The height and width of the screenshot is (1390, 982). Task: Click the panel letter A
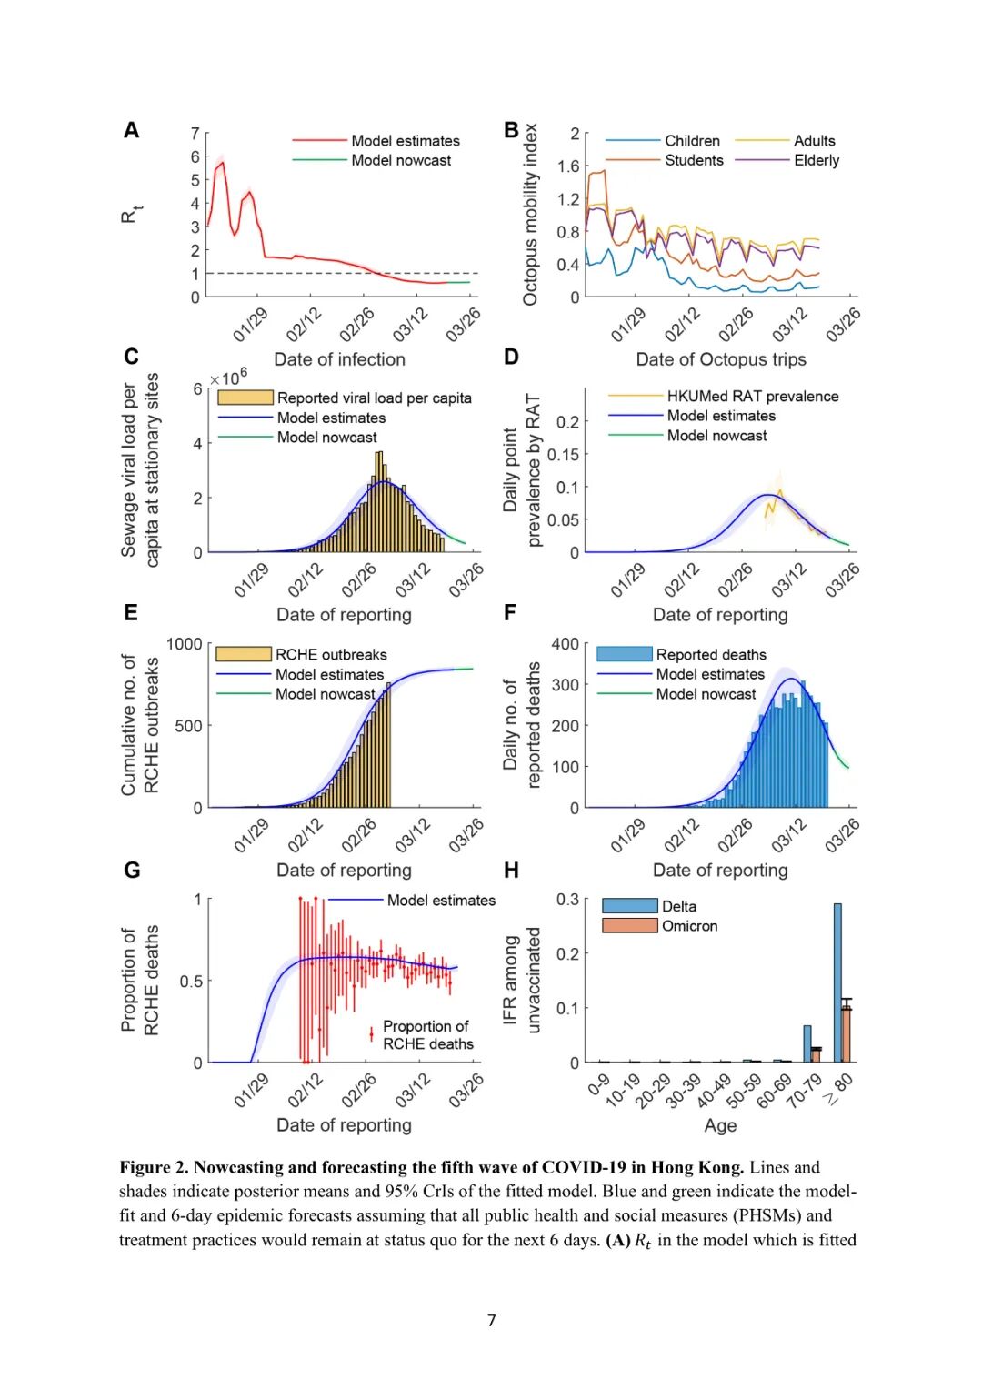pyautogui.click(x=132, y=130)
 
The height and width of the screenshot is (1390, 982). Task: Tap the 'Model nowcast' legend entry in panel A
pyautogui.click(x=401, y=160)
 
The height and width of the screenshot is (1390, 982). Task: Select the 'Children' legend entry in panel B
pyautogui.click(x=692, y=141)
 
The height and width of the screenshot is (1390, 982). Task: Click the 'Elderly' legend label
pyautogui.click(x=817, y=160)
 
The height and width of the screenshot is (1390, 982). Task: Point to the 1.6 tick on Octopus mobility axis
pyautogui.click(x=568, y=166)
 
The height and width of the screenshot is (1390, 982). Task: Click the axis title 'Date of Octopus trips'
pyautogui.click(x=721, y=359)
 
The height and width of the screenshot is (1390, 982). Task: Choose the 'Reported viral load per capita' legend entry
pyautogui.click(x=374, y=398)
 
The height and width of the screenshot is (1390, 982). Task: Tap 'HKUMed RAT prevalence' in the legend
pyautogui.click(x=753, y=397)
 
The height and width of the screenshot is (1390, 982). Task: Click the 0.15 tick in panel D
pyautogui.click(x=563, y=455)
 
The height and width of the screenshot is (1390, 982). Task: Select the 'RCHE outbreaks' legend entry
pyautogui.click(x=331, y=654)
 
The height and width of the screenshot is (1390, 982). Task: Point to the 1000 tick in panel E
pyautogui.click(x=185, y=644)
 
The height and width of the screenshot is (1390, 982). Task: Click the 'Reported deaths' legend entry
pyautogui.click(x=711, y=654)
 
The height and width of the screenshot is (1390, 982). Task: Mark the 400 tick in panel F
pyautogui.click(x=565, y=644)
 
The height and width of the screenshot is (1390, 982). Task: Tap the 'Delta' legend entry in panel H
pyautogui.click(x=679, y=906)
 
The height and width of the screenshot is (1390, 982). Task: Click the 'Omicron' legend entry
pyautogui.click(x=689, y=926)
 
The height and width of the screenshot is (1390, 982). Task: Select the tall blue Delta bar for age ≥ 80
pyautogui.click(x=837, y=982)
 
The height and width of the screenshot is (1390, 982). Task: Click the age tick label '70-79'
pyautogui.click(x=804, y=1090)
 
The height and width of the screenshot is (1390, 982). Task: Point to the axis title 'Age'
pyautogui.click(x=720, y=1125)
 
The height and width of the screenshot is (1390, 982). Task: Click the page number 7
pyautogui.click(x=492, y=1320)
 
